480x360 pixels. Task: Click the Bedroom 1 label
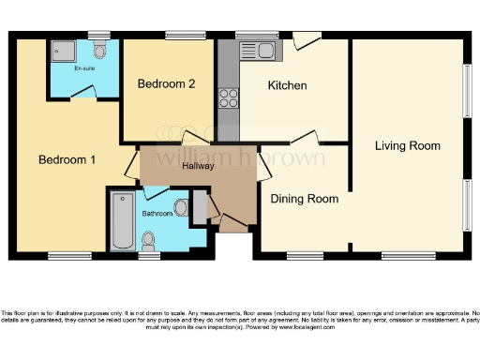pos(67,159)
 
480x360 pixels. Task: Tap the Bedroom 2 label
pos(166,83)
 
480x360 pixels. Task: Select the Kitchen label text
pos(287,85)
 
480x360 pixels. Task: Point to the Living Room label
pos(407,146)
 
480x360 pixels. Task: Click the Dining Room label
pos(304,199)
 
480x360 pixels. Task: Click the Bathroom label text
pos(157,213)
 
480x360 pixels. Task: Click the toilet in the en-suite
pos(100,49)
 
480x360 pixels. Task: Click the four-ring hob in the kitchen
pos(228,97)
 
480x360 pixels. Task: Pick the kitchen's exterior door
pos(307,41)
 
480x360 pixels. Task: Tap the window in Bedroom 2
pos(179,35)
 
